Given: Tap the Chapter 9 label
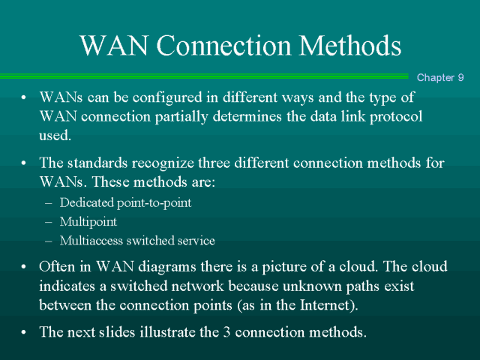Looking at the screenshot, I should point(440,77).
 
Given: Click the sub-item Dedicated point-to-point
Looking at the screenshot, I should point(126,202).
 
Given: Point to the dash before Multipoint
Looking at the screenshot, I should point(49,222).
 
